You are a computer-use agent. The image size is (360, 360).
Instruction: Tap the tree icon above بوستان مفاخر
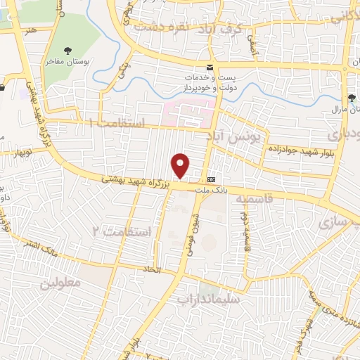point(68,50)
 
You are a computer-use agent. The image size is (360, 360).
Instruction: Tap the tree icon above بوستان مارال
point(352,98)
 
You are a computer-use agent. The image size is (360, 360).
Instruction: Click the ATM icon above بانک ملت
point(211,178)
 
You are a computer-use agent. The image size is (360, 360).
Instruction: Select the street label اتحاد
point(153,270)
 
